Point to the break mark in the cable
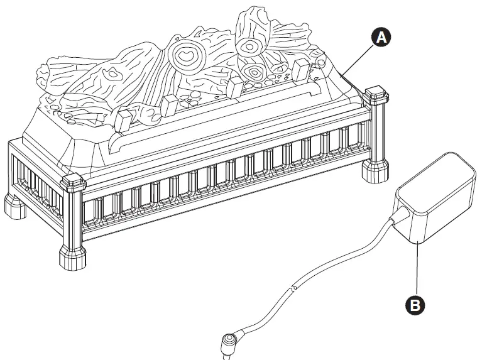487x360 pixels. coord(293,288)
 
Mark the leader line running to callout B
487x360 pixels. coord(415,270)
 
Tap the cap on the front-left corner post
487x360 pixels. coord(72,182)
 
